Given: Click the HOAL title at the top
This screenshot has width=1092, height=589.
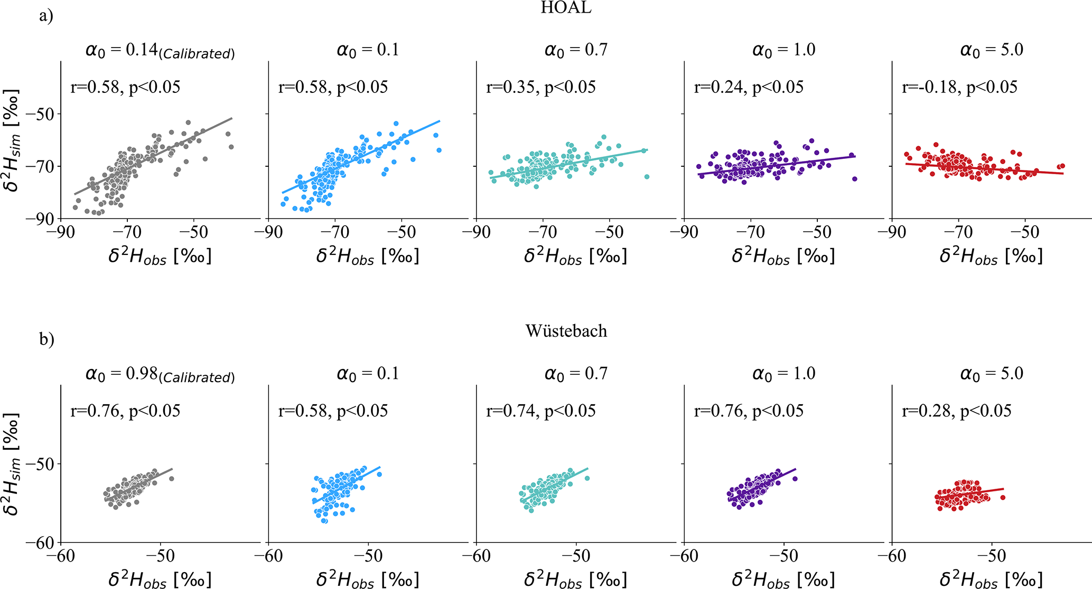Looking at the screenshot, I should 566,8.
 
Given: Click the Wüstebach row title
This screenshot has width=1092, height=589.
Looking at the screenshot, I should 566,331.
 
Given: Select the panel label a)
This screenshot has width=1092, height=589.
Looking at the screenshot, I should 46,16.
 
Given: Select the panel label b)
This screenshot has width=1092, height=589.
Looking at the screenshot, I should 46,339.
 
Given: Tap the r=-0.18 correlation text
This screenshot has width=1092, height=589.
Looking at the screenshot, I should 959,87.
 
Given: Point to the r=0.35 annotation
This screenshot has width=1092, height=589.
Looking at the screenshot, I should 540,87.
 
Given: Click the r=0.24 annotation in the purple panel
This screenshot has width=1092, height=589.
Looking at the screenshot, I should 749,87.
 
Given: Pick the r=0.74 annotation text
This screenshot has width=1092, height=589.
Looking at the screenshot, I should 540,411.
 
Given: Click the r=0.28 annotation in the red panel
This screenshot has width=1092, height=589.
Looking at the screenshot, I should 956,411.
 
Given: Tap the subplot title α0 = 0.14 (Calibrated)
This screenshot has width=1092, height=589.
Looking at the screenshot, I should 160,51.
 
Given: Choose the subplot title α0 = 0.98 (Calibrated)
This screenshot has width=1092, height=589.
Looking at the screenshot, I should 160,375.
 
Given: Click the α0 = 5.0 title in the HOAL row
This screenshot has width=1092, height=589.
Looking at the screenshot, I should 991,50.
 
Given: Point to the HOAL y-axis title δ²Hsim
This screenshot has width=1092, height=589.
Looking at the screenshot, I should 12,140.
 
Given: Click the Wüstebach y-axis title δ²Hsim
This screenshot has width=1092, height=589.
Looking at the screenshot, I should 12,463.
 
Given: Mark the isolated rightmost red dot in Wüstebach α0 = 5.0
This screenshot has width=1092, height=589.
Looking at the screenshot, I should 1002,498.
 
